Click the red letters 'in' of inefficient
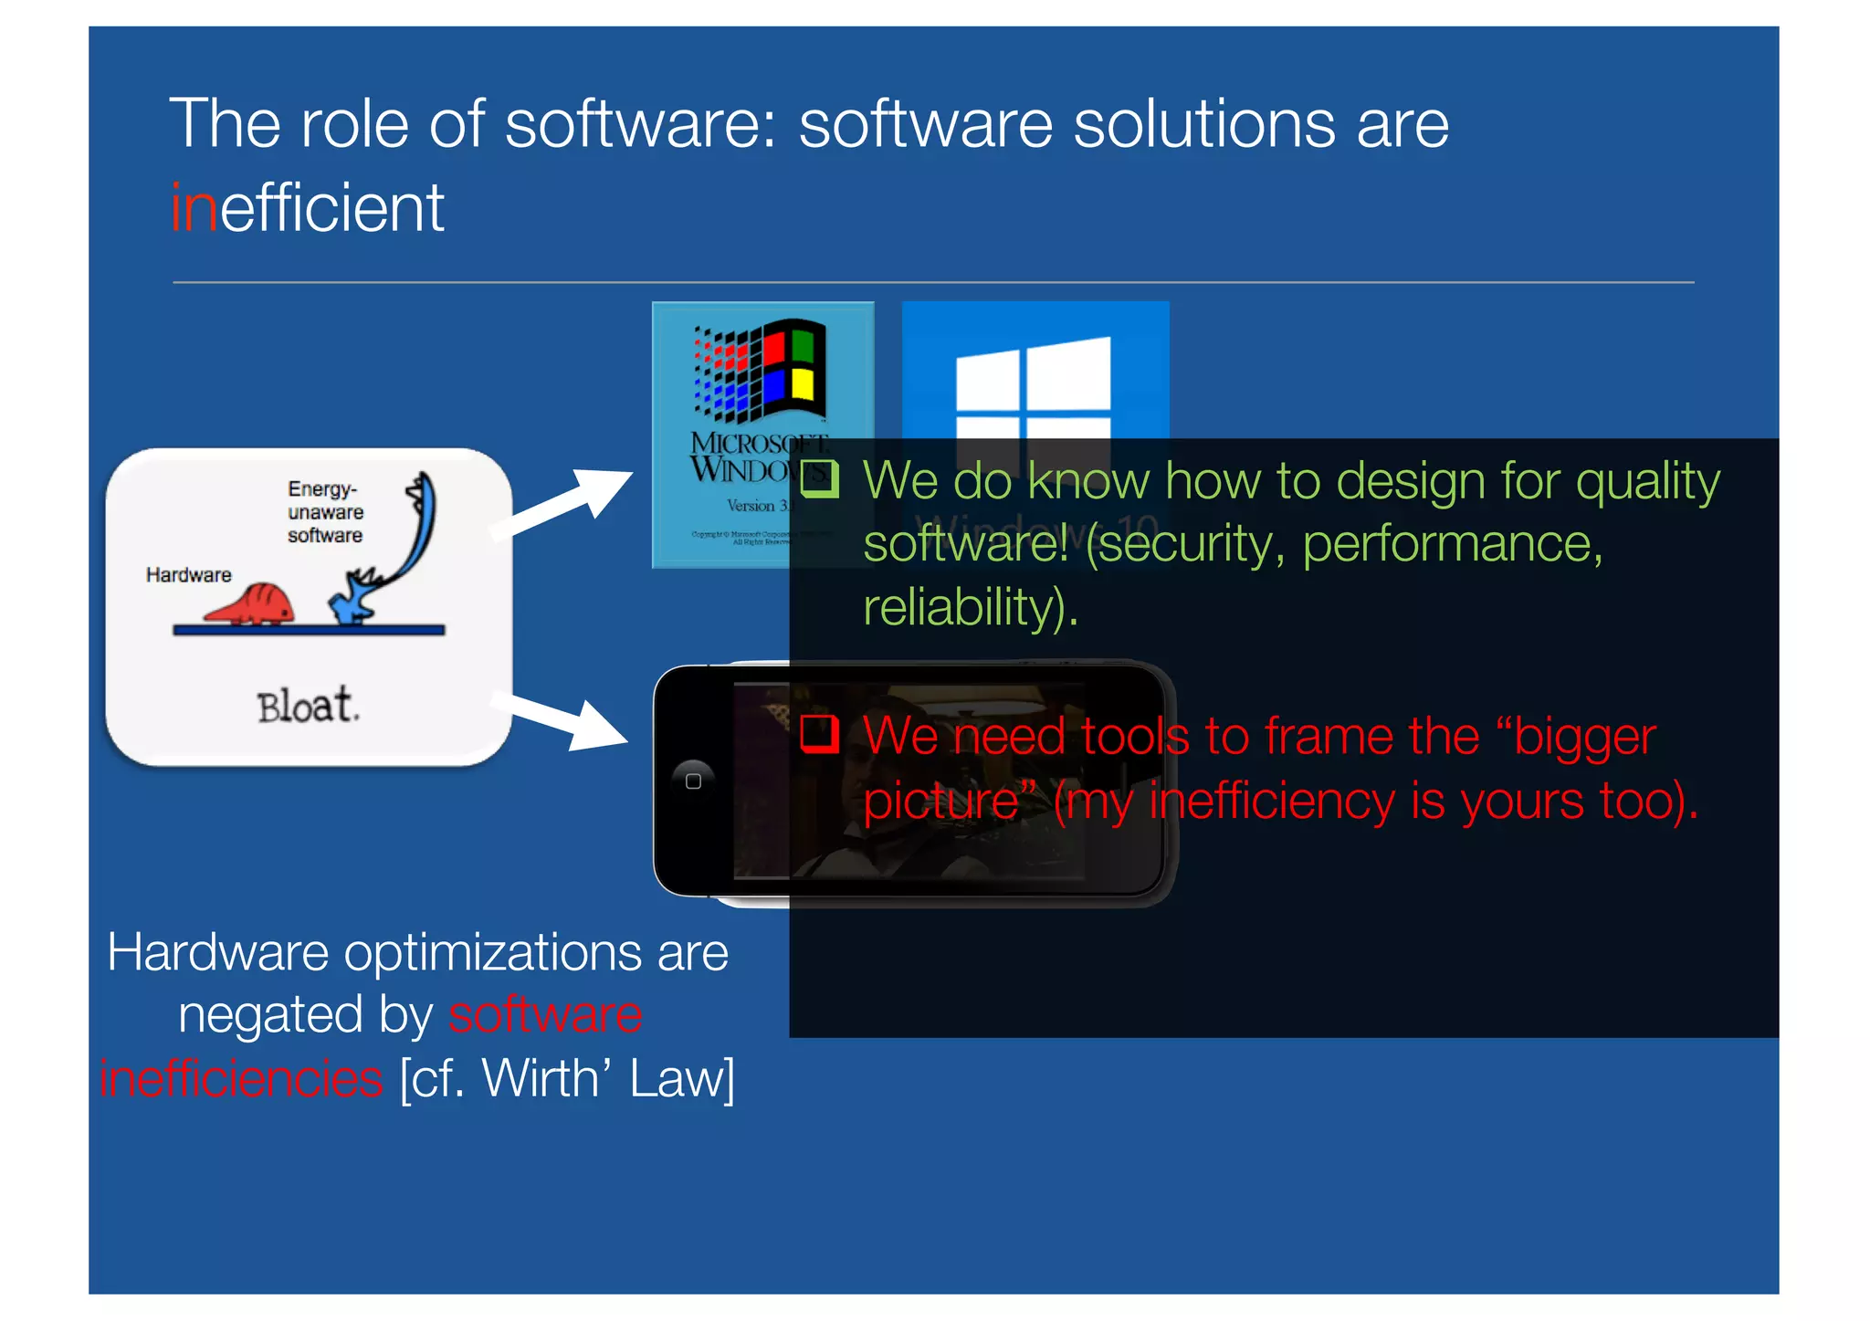point(194,208)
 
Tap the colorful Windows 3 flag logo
point(761,370)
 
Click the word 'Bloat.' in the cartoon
point(308,706)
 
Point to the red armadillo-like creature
point(250,603)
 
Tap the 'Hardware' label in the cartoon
point(189,575)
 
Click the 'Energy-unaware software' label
point(325,512)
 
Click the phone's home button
point(693,781)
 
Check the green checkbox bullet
point(819,478)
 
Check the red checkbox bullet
point(819,733)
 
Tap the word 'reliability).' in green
point(970,607)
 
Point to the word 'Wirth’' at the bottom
point(541,1078)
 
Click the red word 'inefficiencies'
point(242,1078)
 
